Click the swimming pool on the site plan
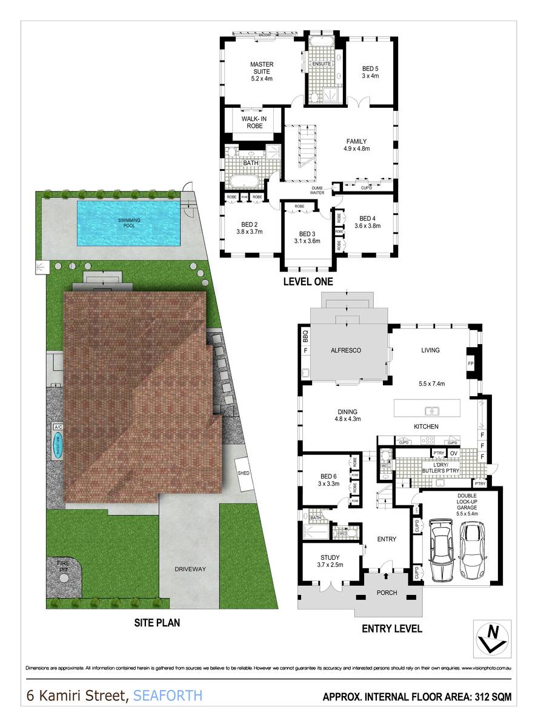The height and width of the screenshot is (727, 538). [128, 223]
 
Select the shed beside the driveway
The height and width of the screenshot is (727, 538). [244, 473]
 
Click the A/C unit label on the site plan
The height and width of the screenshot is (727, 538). [58, 427]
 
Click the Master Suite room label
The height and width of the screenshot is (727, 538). [262, 71]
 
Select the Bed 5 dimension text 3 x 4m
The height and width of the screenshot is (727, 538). [370, 76]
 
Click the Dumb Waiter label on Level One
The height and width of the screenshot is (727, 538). [318, 190]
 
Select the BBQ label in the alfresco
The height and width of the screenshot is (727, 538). [305, 334]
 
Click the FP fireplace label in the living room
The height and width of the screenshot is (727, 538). [471, 363]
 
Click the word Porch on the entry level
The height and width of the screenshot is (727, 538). [387, 593]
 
